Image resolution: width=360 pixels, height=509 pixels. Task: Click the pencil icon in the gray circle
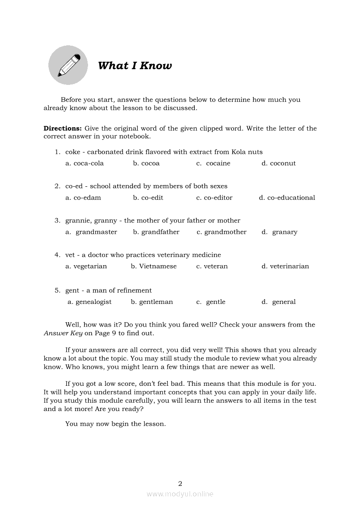[68, 65]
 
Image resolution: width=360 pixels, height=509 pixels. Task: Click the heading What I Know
[135, 66]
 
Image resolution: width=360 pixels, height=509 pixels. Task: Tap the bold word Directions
[62, 128]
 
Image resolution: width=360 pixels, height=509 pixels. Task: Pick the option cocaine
[218, 163]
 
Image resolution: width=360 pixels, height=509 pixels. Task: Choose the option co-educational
[291, 198]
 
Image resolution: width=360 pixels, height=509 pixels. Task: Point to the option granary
[285, 232]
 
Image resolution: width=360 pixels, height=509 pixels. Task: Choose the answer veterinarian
[289, 266]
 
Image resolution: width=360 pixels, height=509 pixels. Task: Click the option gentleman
[156, 302]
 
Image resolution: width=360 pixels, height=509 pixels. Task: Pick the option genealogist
[93, 302]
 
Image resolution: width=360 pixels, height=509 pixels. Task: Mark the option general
[284, 302]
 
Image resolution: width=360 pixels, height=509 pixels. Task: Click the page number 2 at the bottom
[180, 483]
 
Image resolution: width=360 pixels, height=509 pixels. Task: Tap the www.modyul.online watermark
[180, 494]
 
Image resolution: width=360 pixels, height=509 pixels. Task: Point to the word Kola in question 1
[239, 152]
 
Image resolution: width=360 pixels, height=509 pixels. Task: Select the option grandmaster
[96, 232]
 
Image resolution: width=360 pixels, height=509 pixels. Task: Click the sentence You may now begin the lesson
[115, 424]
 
